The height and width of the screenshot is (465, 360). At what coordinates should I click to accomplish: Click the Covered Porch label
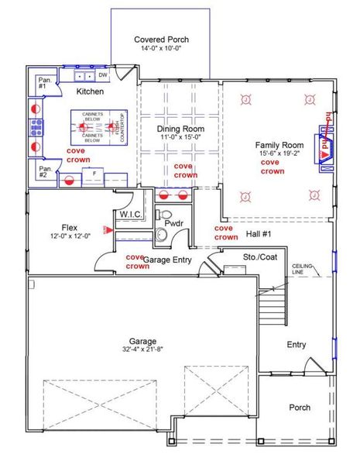pyautogui.click(x=161, y=39)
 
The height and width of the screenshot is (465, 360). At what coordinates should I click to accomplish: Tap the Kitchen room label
pyautogui.click(x=90, y=91)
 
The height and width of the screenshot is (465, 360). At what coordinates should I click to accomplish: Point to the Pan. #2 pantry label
pyautogui.click(x=45, y=170)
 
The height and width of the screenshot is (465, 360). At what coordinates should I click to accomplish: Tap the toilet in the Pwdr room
pyautogui.click(x=164, y=214)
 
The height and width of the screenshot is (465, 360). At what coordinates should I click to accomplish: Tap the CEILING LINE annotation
pyautogui.click(x=303, y=269)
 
